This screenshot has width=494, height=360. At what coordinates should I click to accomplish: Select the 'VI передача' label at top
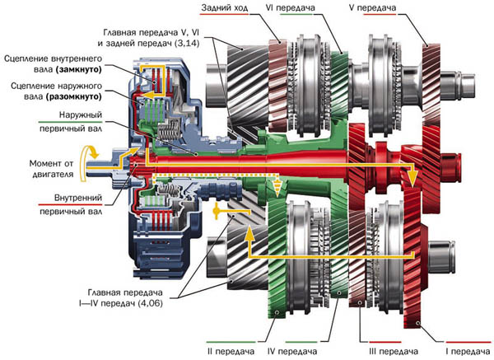pos(310,9)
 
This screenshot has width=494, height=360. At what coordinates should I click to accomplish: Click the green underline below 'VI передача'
pos(310,16)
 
